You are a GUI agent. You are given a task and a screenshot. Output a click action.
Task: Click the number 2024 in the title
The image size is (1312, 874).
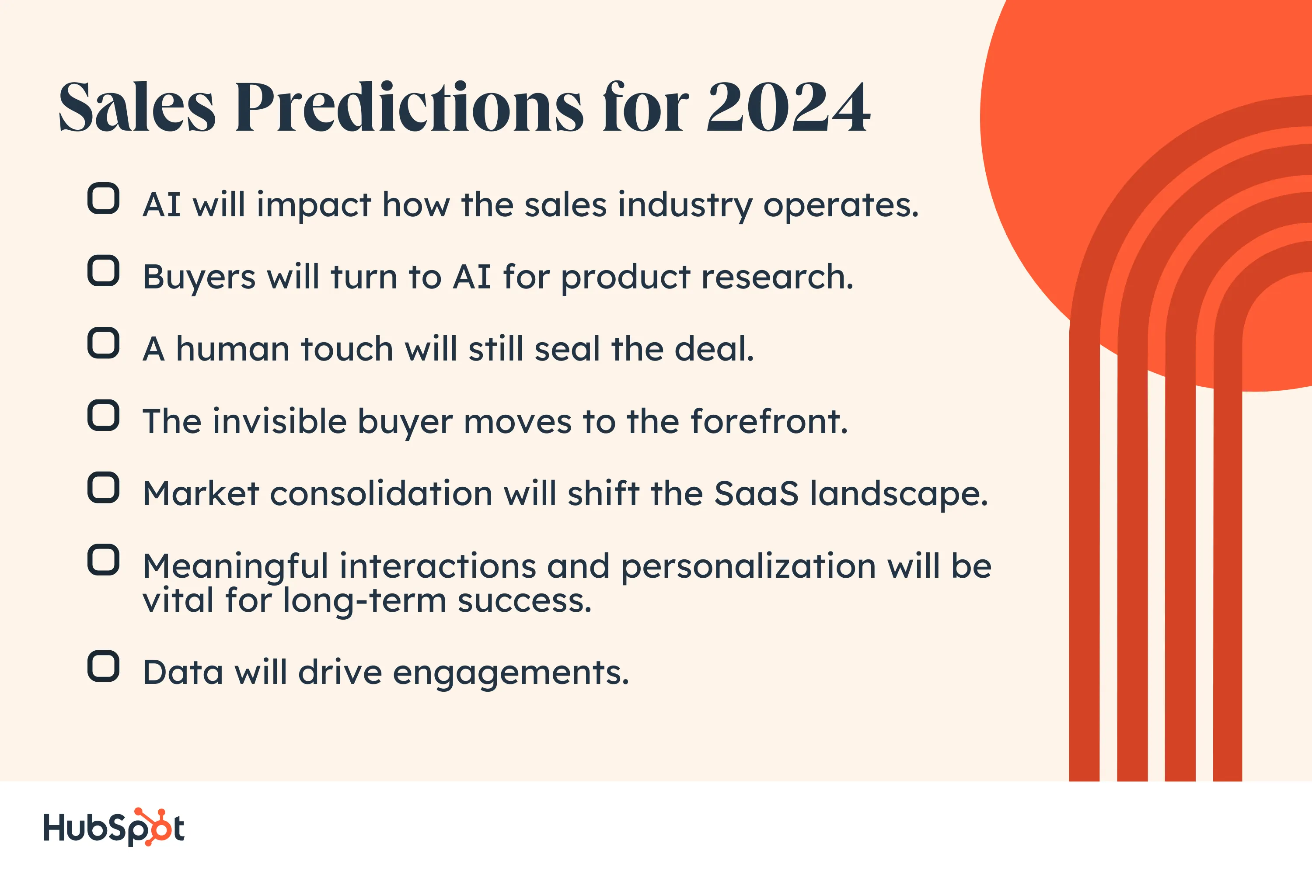[788, 107]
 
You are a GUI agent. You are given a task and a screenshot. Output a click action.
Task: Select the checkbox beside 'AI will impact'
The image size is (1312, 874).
[103, 198]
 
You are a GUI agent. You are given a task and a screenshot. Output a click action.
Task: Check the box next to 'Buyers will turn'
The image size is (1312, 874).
[103, 271]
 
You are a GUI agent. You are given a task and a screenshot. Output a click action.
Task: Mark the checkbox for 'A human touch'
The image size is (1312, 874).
[103, 343]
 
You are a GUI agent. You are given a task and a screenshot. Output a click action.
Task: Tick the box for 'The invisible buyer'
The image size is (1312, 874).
[103, 415]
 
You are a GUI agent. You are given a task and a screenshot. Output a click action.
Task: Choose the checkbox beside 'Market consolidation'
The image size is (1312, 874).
[103, 488]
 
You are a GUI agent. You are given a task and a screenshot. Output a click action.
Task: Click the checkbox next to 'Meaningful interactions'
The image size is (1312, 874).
[103, 560]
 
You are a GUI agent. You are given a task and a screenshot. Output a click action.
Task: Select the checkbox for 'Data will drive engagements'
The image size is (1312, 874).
[103, 666]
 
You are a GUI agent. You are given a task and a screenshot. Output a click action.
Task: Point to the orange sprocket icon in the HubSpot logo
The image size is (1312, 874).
[154, 826]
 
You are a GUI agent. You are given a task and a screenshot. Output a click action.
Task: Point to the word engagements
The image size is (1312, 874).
[511, 673]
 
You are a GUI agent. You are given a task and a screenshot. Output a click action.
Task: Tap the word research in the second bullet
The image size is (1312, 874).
[777, 277]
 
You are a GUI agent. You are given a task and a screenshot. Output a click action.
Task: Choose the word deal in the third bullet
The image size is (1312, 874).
[714, 348]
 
